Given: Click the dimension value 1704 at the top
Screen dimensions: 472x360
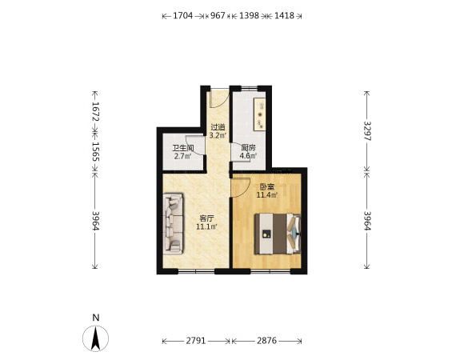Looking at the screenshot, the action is [182, 16].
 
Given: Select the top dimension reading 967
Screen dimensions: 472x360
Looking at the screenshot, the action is [218, 16].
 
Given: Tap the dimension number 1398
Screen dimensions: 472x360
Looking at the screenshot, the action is [249, 16].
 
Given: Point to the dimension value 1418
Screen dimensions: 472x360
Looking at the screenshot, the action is [285, 16].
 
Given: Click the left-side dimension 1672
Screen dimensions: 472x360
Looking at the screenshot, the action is [95, 112].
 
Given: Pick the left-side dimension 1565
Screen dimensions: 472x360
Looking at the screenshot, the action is [95, 152].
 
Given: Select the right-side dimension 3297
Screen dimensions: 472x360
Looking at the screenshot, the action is [367, 131].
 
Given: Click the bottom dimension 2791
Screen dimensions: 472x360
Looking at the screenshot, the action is [196, 341].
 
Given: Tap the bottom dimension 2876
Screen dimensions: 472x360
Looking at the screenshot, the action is [266, 341].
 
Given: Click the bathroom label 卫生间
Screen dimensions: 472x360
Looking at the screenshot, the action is [183, 148].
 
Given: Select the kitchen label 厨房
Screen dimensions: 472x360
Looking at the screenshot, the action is [248, 148].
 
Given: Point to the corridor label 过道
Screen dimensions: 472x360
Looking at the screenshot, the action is [218, 127].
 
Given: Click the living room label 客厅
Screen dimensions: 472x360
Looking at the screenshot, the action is [207, 218].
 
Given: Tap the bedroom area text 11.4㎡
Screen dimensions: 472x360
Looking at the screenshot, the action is [266, 195].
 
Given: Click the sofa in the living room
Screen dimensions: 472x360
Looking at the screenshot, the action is [173, 224].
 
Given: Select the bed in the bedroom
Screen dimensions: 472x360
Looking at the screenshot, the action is [278, 234].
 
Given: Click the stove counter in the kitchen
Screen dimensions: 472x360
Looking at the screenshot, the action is [260, 114].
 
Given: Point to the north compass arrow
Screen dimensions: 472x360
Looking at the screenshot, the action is [96, 338].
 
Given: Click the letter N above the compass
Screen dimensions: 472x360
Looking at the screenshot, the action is [96, 318].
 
